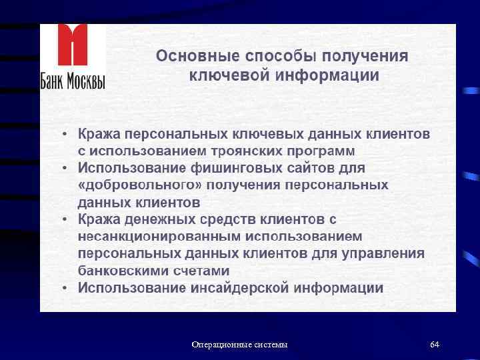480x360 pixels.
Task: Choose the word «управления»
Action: pyautogui.click(x=385, y=254)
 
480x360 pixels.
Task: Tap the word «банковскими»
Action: pyautogui.click(x=122, y=271)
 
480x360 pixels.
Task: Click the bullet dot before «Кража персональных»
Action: pyautogui.click(x=65, y=134)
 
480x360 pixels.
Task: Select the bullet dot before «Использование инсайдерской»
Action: pyautogui.click(x=65, y=289)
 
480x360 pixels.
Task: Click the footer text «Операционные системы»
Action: pyautogui.click(x=239, y=345)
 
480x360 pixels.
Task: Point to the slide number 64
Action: pyautogui.click(x=435, y=345)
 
